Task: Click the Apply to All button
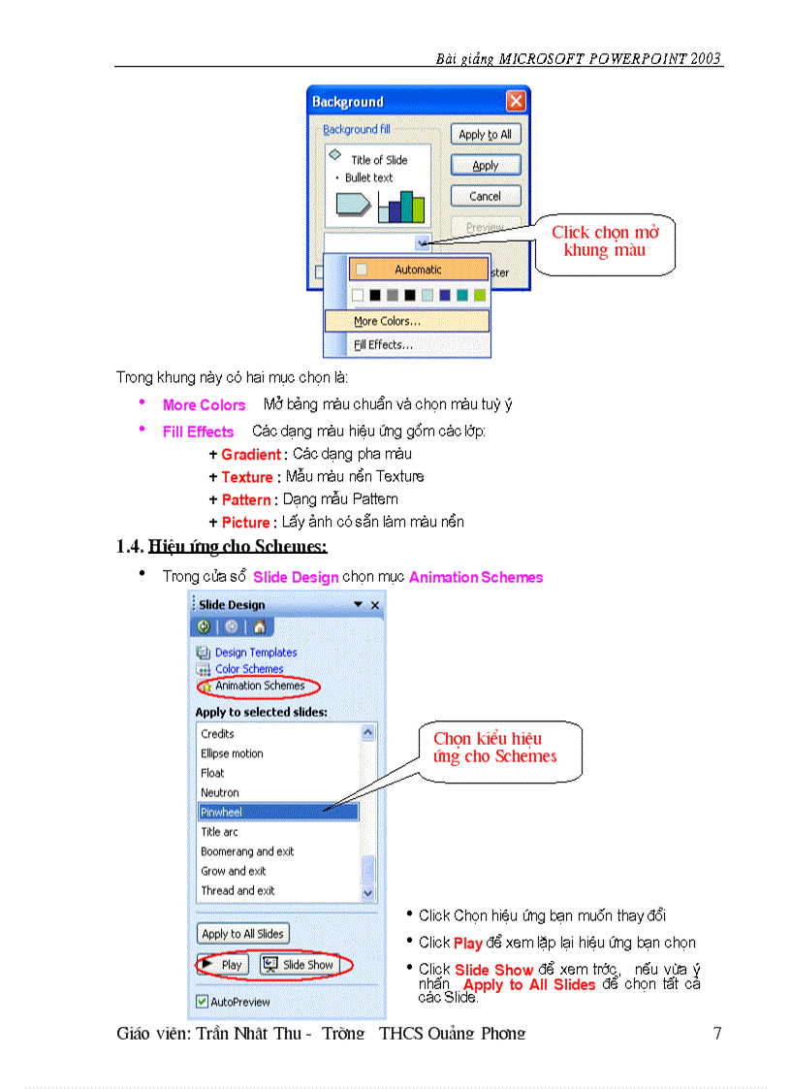[485, 135]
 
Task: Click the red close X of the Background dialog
[516, 101]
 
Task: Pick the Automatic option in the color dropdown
[418, 270]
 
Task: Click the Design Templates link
[256, 653]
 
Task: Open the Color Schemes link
[249, 669]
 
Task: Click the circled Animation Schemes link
[259, 686]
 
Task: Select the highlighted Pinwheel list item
[278, 812]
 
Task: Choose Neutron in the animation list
[220, 792]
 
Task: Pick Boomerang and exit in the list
[247, 851]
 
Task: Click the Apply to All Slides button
[242, 934]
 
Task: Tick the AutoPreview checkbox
[202, 1002]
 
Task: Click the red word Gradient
[250, 454]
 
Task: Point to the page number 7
[716, 1034]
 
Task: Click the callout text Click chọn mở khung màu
[605, 241]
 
